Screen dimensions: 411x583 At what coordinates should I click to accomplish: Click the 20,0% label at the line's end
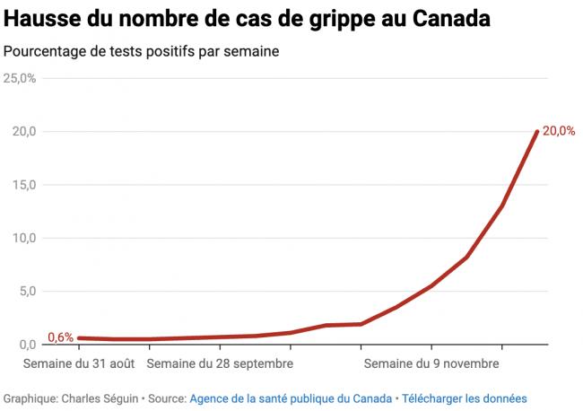point(559,131)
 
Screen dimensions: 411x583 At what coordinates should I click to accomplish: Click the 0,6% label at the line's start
point(60,337)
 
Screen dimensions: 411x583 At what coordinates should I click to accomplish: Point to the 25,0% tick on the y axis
point(20,79)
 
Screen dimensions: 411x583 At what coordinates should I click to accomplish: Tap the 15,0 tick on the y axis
point(23,185)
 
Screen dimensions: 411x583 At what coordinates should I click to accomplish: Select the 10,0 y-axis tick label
point(23,238)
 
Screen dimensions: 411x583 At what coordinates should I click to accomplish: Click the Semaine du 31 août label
point(80,364)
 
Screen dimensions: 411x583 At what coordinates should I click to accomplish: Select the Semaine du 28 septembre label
point(219,364)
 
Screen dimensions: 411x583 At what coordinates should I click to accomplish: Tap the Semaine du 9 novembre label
point(431,364)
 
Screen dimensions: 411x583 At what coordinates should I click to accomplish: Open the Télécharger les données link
point(465,398)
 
